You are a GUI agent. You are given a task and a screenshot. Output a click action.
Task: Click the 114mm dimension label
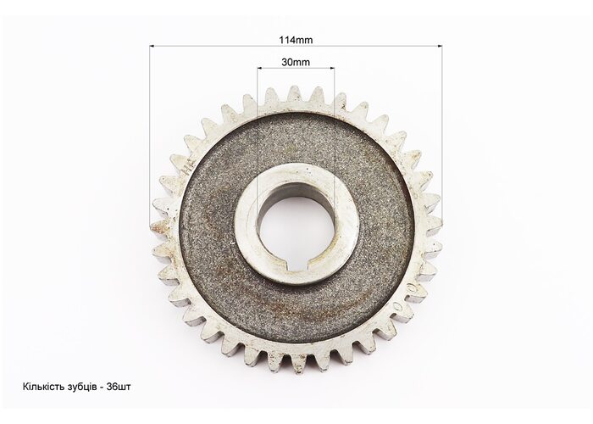pos(296,40)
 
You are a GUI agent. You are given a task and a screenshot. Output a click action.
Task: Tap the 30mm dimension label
pos(296,62)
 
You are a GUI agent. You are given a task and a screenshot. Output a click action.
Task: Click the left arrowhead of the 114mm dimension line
pos(152,46)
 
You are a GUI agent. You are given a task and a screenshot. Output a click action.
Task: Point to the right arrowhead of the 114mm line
pos(440,46)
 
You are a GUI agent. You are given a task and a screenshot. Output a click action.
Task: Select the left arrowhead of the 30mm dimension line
pos(259,69)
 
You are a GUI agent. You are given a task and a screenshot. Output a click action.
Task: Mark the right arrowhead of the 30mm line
pos(332,69)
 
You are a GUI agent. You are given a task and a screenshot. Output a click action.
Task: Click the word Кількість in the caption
pos(41,387)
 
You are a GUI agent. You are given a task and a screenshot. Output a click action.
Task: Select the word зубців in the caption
pos(78,388)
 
